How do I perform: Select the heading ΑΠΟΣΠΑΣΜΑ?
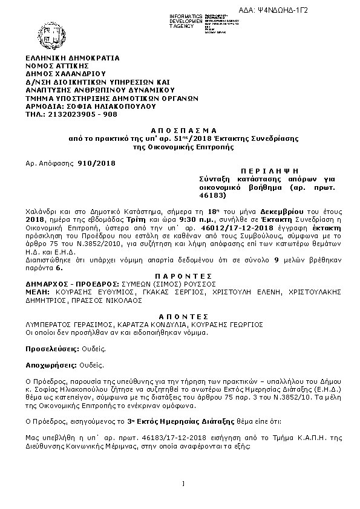coord(180,130)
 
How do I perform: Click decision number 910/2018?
coord(97,163)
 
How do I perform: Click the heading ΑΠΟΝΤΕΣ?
coord(180,316)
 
